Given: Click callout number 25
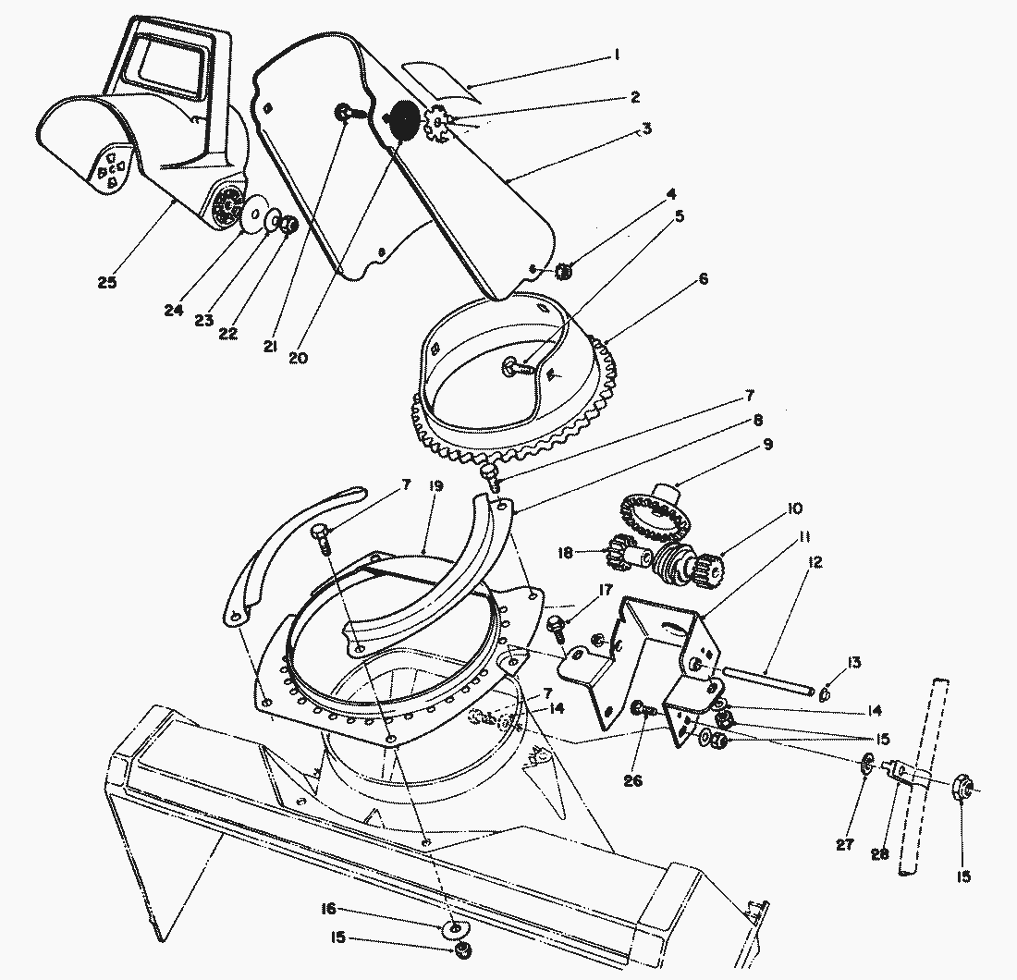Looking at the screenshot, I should pos(107,282).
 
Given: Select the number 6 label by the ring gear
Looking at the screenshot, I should pos(705,278).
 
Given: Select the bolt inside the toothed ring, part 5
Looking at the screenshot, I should pos(519,367).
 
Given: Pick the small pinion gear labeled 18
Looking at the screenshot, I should pos(620,554).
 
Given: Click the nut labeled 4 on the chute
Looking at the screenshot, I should pos(565,271).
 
